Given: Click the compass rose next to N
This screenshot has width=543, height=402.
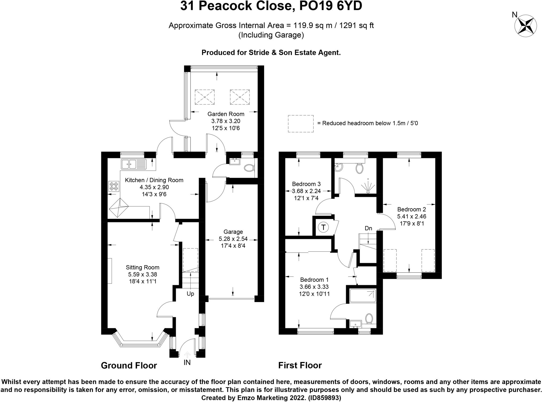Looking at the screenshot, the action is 526,26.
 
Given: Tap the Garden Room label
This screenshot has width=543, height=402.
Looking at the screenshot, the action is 226,114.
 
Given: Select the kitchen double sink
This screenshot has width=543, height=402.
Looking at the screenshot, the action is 134,164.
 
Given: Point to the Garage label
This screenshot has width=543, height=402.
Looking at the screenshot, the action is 233,232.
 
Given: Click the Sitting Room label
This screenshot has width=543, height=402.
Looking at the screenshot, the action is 142,267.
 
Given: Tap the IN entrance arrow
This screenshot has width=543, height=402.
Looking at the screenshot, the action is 187,355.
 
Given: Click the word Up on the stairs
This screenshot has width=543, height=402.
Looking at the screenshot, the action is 190,294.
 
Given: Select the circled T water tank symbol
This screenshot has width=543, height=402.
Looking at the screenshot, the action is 323,227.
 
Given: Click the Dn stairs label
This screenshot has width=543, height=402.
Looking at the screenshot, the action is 368,228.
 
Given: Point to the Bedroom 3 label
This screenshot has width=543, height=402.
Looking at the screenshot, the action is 306,184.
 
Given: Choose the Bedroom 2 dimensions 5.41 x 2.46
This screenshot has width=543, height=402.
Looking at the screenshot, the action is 412,216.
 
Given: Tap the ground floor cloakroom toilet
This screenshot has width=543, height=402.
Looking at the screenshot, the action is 249,168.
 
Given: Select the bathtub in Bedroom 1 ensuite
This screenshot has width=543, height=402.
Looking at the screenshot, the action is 363,296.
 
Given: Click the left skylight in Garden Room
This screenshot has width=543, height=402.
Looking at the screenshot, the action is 204,97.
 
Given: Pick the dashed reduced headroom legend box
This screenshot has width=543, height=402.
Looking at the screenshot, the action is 301,124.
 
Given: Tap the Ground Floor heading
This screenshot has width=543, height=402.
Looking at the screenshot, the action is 129,365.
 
